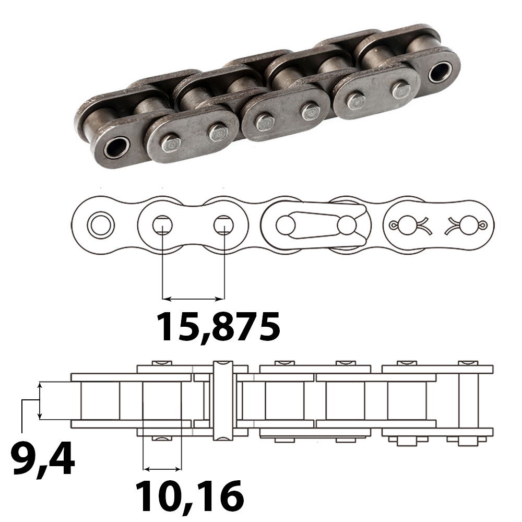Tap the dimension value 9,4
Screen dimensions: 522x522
pos(43,457)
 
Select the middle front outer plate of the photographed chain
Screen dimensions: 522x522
pos(286,115)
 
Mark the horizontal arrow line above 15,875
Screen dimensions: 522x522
pos(193,299)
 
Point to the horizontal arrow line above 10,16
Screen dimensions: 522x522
pos(162,468)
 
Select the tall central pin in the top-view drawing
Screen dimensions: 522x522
pos(223,399)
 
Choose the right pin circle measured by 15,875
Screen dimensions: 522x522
pos(223,226)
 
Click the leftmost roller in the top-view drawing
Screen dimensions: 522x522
pos(100,400)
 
